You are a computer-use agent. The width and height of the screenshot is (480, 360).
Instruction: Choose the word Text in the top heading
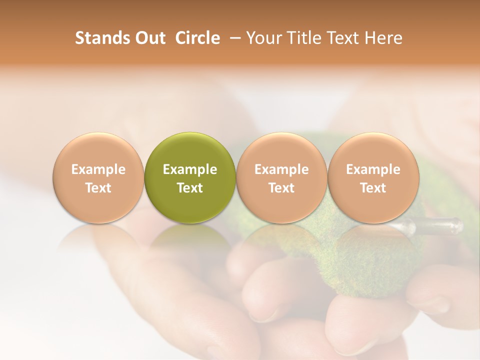(x=341, y=38)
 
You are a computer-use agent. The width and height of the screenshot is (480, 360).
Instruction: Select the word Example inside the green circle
(x=190, y=169)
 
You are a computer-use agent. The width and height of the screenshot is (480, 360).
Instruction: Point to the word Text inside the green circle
(x=190, y=188)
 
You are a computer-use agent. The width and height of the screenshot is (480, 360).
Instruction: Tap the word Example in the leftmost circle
(x=98, y=169)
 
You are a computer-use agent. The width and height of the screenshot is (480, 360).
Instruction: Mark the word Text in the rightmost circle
(x=373, y=188)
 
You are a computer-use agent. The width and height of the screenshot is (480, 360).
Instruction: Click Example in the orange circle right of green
(x=281, y=169)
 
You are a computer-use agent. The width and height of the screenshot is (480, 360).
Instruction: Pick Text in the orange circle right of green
(x=281, y=188)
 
